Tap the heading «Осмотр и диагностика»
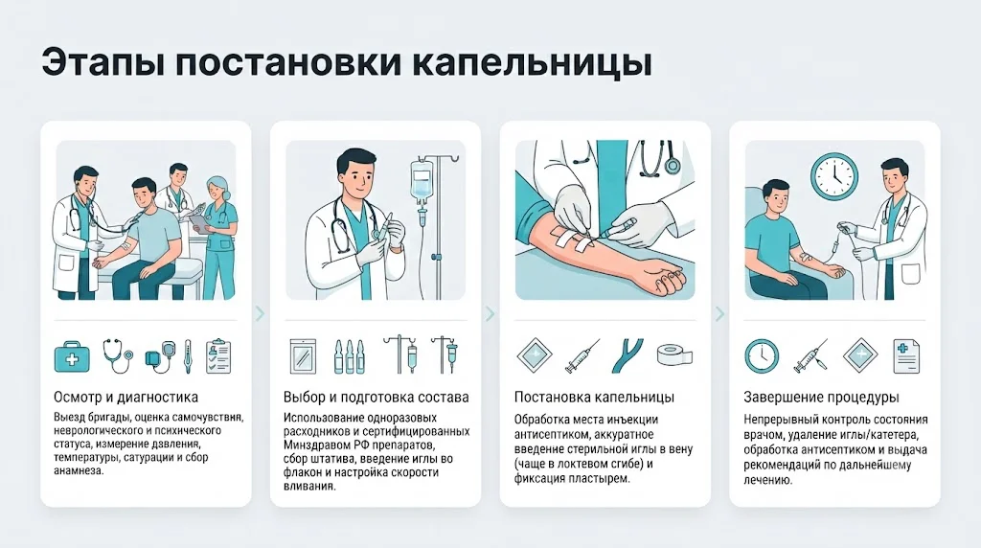coord(125,397)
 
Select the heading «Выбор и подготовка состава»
coord(376,397)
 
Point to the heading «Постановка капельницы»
coord(594,397)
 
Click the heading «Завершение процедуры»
coord(821,397)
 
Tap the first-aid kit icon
coord(72,356)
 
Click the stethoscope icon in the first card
coord(118,355)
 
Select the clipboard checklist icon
coord(218,355)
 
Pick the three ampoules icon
coord(349,356)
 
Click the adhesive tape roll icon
coord(674,355)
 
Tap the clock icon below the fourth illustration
coord(762,356)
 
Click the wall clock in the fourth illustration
coord(834,177)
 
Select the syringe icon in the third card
coord(582,356)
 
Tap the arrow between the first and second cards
coord(261,312)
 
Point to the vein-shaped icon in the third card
coord(628,355)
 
